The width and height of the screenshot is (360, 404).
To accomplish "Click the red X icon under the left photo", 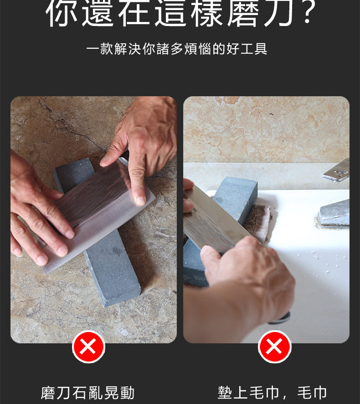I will click(88, 347).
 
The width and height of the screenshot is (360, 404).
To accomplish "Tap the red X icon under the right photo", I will click(274, 347).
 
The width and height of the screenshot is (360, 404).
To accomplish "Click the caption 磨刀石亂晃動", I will click(87, 393).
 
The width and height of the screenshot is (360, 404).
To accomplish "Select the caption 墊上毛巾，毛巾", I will click(272, 393).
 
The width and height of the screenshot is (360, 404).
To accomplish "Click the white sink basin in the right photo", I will click(314, 274).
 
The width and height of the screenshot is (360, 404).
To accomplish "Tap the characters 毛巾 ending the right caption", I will click(312, 393).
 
